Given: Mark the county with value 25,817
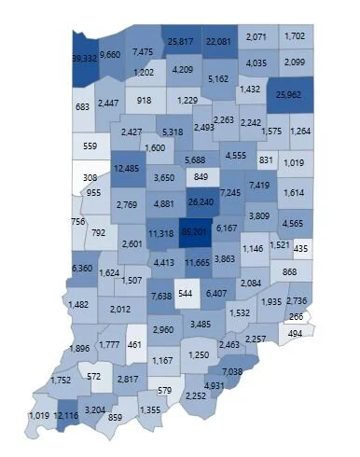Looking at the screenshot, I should click(180, 42).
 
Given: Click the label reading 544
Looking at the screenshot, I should click(185, 293).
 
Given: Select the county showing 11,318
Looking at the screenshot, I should click(161, 233).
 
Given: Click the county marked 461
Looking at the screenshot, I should click(136, 345).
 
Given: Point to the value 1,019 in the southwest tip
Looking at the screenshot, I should click(40, 414).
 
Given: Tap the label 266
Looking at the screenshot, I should click(296, 317).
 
